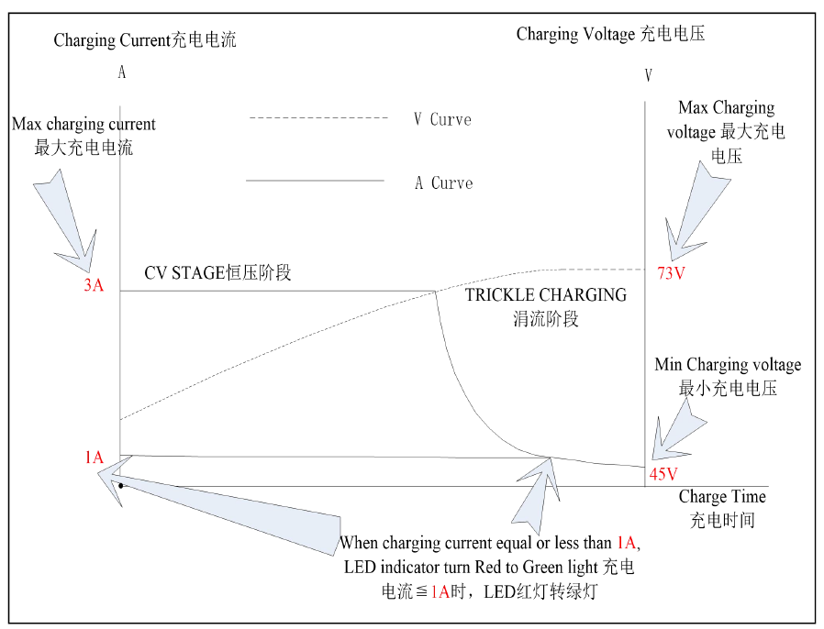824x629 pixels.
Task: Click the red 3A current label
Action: click(94, 285)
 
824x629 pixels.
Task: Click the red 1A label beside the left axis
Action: click(95, 458)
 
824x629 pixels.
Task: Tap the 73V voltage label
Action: click(671, 273)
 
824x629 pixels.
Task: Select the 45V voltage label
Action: click(663, 474)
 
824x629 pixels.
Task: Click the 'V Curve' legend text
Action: click(442, 119)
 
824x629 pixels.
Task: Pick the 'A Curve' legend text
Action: click(444, 182)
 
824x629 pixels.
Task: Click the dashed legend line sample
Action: click(318, 117)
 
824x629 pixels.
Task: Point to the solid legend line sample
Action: click(315, 181)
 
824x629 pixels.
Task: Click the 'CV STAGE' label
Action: click(184, 272)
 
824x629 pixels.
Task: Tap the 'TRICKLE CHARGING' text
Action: click(546, 294)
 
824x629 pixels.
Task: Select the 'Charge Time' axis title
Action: click(722, 496)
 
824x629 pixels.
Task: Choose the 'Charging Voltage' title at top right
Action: click(576, 34)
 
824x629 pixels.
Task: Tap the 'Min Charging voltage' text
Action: click(728, 364)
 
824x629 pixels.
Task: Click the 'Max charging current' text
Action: click(84, 124)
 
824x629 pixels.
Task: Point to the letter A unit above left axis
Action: click(122, 72)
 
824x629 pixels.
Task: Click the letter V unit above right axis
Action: click(649, 75)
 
